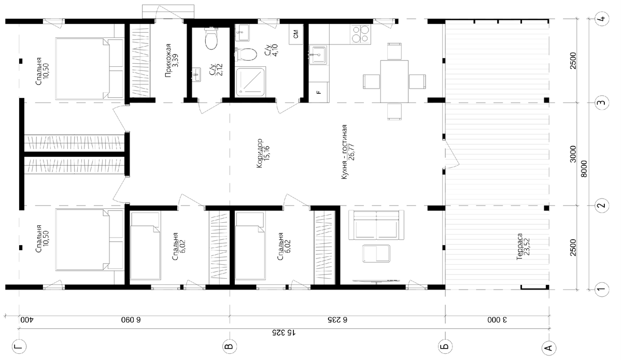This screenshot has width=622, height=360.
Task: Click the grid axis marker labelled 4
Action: coord(601,19)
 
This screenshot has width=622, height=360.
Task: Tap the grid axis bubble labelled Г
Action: coord(19,347)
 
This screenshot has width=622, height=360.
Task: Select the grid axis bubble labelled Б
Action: coord(445,347)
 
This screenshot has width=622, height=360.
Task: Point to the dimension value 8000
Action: coord(584,169)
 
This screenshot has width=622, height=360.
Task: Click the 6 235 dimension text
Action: coord(337,320)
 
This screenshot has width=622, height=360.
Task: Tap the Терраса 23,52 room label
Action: coord(523,247)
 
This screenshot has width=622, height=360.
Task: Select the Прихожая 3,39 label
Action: coord(171,60)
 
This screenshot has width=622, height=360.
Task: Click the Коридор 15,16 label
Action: coord(262,153)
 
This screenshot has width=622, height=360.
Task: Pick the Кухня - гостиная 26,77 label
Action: coord(348,152)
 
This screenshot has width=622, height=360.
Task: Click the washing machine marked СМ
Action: coord(296,34)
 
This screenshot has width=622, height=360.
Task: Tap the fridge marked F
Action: coord(319,92)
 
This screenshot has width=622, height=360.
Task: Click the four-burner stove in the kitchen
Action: coord(360,34)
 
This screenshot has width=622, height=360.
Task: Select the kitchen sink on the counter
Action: coord(318,55)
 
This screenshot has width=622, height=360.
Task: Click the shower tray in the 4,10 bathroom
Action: coord(251,82)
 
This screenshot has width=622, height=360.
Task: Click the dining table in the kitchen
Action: coord(394,81)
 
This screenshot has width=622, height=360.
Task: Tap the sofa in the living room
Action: coord(376,225)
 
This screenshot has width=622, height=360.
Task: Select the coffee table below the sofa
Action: coord(376,253)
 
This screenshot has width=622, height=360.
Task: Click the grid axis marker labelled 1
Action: coord(601,290)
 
